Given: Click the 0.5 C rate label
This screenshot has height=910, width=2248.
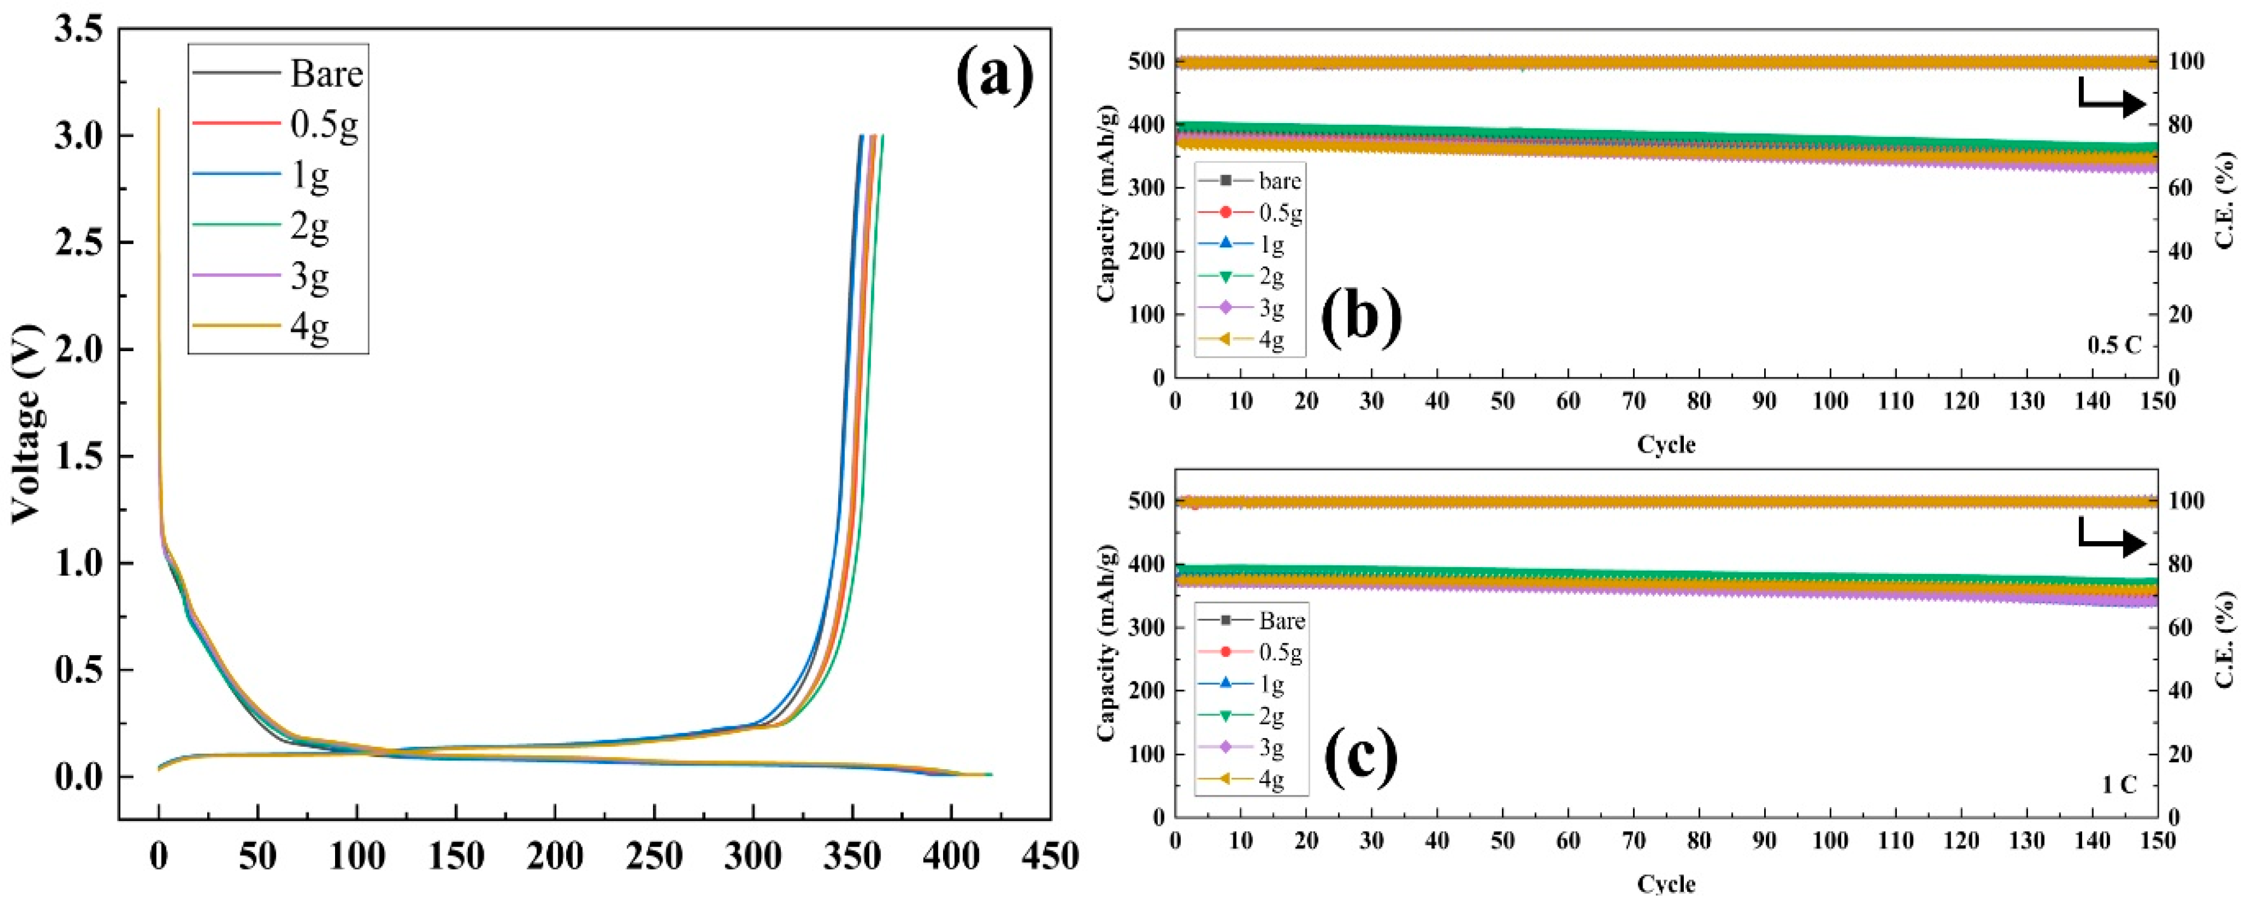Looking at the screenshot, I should (x=2114, y=345).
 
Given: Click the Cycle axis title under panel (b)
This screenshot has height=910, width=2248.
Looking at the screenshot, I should (x=1666, y=445).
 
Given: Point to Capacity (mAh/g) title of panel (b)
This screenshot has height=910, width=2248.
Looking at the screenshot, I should (x=1106, y=203).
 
